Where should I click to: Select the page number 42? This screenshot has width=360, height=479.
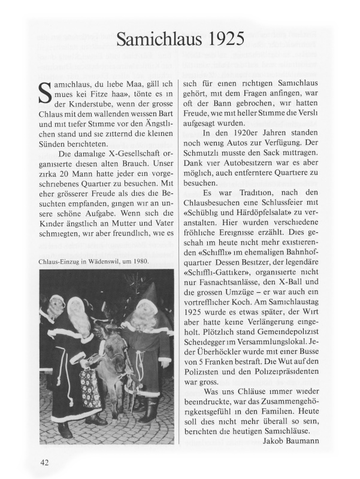[45, 462]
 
